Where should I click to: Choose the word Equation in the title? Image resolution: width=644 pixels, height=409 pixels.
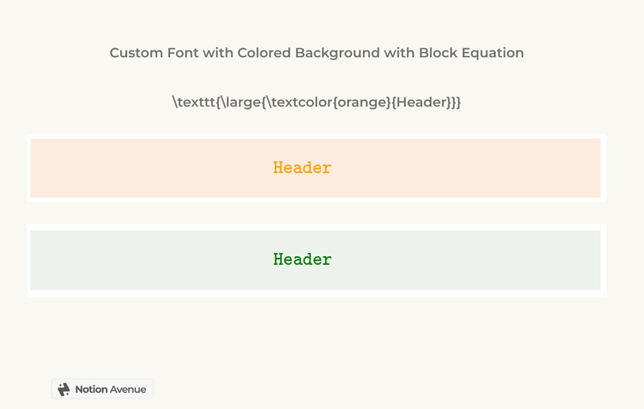coord(491,53)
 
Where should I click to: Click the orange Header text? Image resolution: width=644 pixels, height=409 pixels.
coord(302,168)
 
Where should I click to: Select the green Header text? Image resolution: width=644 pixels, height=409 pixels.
coord(302,259)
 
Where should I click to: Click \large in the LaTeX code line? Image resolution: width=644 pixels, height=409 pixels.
coord(237,102)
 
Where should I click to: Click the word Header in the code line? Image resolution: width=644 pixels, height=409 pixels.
coord(421,102)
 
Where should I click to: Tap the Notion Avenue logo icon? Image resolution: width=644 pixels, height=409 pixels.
coord(64,389)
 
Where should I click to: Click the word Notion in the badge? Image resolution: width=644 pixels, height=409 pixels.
coord(91,390)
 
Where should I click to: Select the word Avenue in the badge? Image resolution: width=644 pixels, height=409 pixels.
coord(128,390)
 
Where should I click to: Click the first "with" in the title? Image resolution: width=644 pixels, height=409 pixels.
coord(214,53)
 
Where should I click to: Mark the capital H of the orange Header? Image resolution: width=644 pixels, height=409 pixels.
coord(278,168)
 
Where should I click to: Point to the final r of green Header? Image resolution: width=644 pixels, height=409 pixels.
coord(327,260)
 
